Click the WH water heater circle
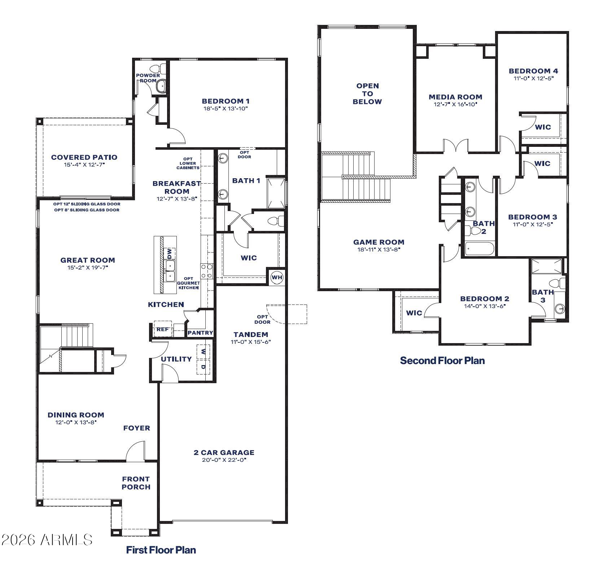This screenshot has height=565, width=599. click(277, 277)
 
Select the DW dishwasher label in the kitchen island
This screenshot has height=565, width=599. click(170, 253)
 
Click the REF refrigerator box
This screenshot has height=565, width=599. click(162, 329)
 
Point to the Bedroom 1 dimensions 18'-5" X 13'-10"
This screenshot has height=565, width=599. click(225, 108)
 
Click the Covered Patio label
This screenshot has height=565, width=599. click(84, 157)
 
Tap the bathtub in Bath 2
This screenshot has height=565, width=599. click(480, 249)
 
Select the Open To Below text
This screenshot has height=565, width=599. click(367, 94)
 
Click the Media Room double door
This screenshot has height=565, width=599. click(455, 146)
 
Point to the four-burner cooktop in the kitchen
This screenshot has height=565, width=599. click(207, 271)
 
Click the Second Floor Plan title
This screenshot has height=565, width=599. click(442, 360)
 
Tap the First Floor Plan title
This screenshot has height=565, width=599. click(161, 549)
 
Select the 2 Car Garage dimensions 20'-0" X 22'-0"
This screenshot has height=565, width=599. click(224, 460)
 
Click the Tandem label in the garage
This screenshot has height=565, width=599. click(250, 334)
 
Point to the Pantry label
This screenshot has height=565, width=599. click(200, 333)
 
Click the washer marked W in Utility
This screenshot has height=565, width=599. click(203, 351)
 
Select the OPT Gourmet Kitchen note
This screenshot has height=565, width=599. click(188, 283)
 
